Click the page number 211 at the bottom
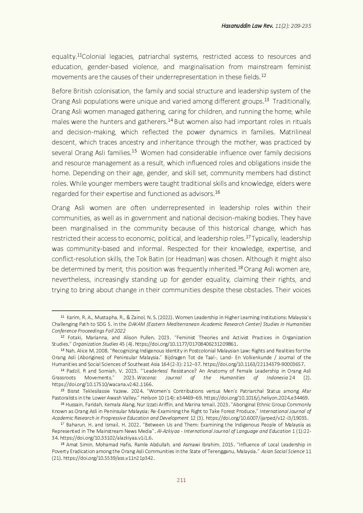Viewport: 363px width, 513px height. point(181,480)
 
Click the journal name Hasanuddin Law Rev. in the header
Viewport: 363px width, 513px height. point(247,26)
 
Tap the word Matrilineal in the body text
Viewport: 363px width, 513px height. point(295,132)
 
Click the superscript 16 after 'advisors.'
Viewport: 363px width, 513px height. point(218,192)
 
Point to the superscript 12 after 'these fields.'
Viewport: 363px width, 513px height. point(263,75)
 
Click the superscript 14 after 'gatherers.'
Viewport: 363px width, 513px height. point(170,120)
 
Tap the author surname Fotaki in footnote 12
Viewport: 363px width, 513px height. point(75,338)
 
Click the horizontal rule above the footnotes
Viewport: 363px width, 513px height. point(95,310)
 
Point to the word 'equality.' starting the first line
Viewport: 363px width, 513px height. point(64,57)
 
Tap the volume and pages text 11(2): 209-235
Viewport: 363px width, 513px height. point(293,26)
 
